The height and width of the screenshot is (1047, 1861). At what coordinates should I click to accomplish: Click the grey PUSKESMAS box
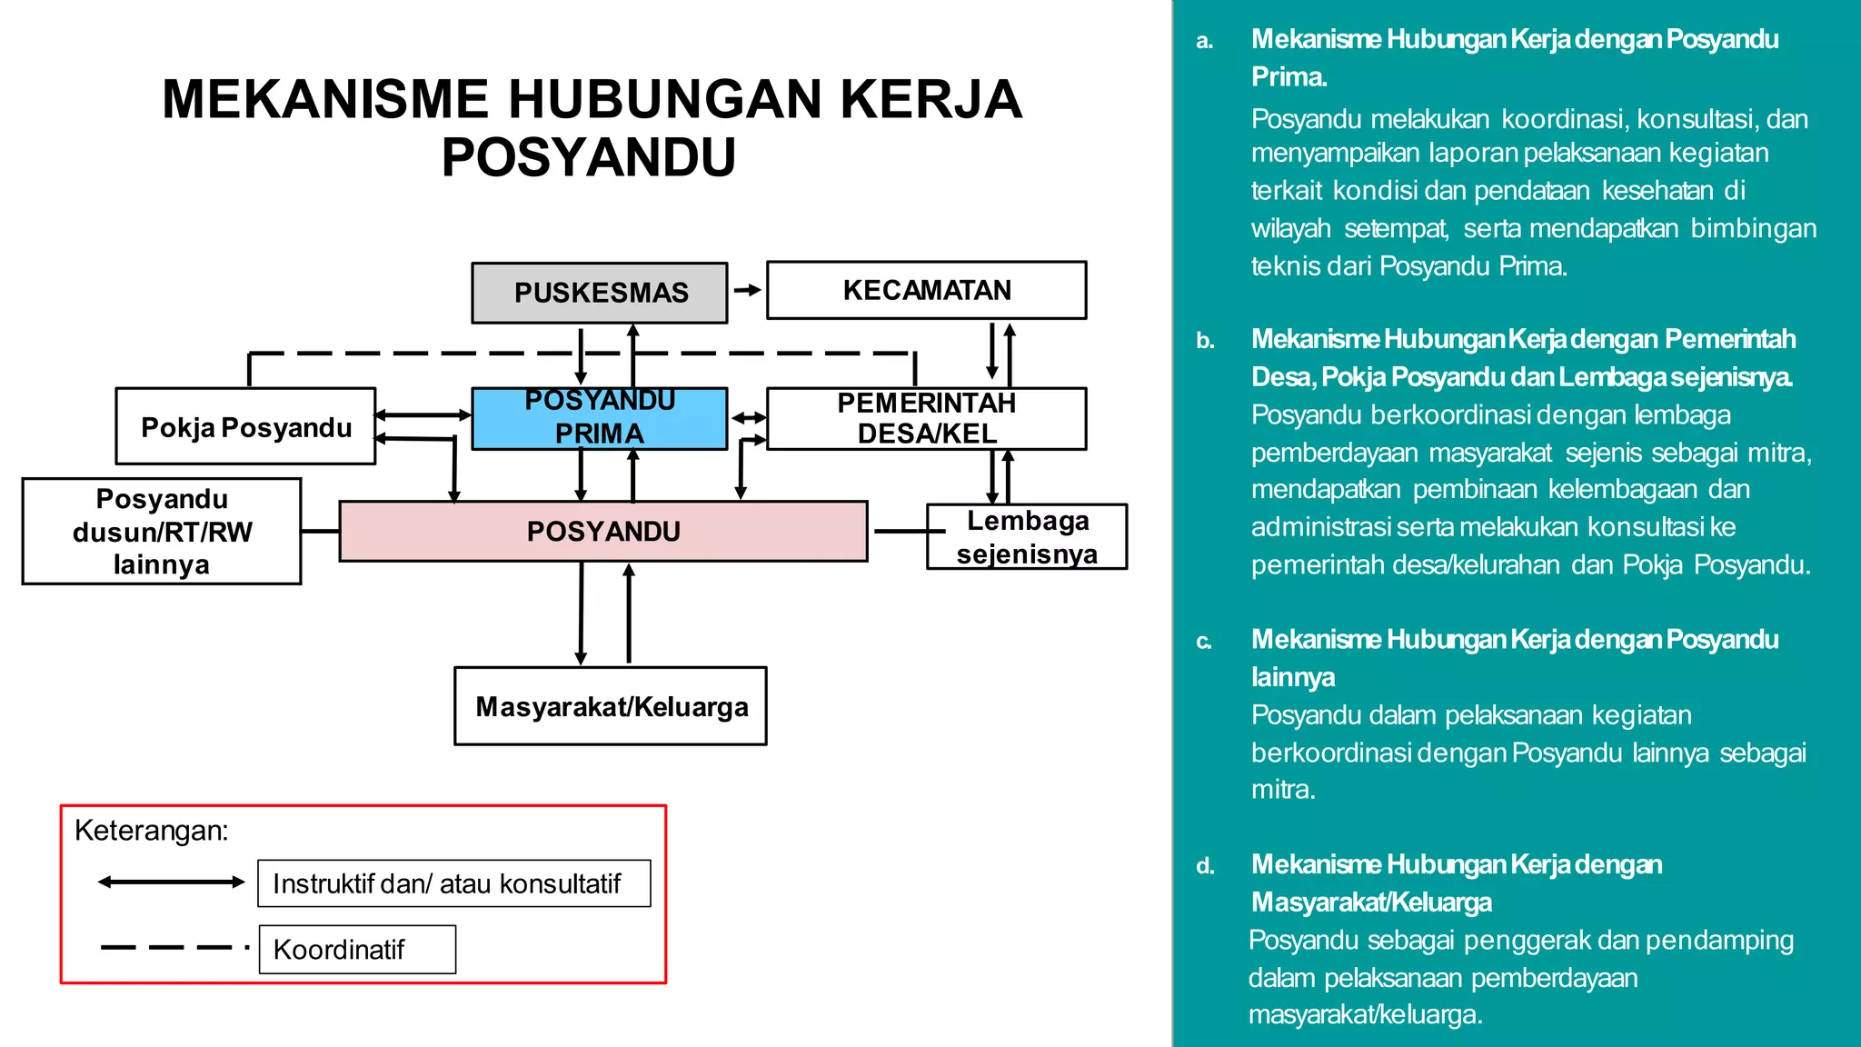600,293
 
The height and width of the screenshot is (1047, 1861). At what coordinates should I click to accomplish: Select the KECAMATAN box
926,290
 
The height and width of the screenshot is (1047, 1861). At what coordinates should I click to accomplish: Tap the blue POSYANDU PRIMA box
600,418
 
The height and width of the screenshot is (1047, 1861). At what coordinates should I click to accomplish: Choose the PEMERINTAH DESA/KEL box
926,418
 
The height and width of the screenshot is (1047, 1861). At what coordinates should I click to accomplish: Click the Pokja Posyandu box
245,426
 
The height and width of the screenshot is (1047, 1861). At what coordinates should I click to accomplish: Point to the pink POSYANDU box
603,531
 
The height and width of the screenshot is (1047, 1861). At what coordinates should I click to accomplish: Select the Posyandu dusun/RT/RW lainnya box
162,531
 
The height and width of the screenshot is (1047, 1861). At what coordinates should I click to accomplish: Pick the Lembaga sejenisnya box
1027,536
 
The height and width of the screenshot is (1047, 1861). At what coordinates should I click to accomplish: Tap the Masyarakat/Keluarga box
611,706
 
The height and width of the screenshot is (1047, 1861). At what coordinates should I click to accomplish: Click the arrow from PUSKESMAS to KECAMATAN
747,290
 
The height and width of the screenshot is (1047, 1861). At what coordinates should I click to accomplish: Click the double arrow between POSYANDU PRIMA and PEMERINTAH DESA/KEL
748,418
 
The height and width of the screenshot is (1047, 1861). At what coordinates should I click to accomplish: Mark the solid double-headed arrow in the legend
171,882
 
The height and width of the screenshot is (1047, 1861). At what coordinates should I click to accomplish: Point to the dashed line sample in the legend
173,947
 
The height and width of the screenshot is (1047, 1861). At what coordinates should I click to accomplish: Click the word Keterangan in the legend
151,830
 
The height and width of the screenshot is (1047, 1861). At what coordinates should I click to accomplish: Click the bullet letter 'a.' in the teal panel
1205,41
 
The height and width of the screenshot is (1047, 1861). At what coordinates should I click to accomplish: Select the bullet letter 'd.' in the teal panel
1205,865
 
